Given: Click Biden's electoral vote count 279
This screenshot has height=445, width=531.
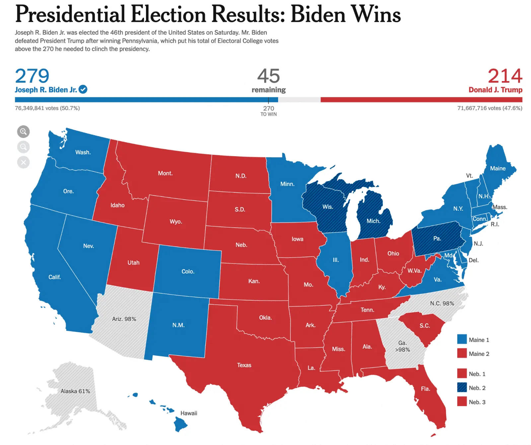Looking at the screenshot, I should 32,76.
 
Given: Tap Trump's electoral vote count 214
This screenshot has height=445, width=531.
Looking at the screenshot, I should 504,76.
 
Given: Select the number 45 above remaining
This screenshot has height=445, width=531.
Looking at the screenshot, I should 268,76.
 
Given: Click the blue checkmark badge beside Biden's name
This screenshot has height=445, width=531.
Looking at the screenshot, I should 83,89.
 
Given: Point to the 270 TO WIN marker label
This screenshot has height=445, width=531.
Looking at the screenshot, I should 268,111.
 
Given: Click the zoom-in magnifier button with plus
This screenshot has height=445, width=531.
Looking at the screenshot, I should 23,132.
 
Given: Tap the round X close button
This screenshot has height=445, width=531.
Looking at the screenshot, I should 23,163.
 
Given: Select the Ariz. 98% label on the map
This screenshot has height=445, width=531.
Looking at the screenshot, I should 124,319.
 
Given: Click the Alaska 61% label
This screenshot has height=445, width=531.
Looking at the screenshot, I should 75,391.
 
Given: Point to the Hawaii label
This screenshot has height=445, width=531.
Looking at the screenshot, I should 189,413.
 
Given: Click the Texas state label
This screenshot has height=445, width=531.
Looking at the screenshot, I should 244,365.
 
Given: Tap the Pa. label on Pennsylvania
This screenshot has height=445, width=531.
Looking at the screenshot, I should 437,239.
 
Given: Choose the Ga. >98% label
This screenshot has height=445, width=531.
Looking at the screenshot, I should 402,346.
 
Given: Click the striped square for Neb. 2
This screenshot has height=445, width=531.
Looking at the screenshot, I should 462,388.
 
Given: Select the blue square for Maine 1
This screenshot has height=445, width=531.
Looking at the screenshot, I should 462,339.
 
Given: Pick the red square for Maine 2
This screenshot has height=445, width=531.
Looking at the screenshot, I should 462,353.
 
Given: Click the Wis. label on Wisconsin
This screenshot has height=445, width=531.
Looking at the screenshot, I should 328,207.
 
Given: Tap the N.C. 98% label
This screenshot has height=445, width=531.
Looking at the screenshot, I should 442,303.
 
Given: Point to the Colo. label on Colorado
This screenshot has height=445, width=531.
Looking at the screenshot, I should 188,272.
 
